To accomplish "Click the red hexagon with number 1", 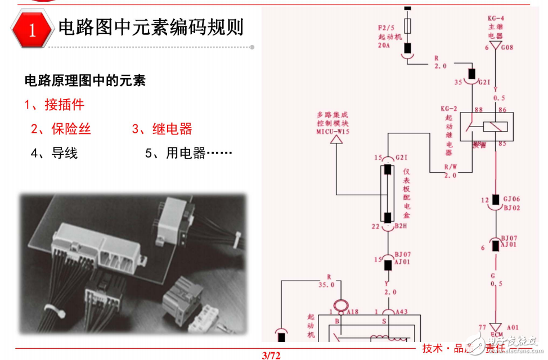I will tap(32, 29).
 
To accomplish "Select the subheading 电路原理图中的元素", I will tap(85, 80).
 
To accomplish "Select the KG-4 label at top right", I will tap(496, 18).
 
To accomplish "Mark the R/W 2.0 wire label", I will tap(451, 171).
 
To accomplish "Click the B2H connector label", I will tap(402, 226).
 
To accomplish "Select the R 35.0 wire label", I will tap(326, 281).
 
